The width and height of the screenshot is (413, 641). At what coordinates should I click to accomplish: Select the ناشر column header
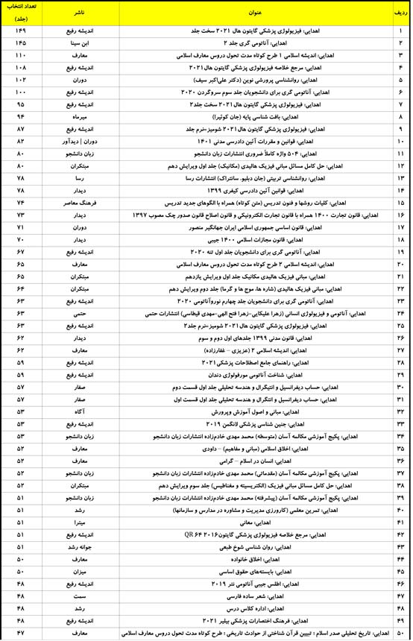tap(78, 12)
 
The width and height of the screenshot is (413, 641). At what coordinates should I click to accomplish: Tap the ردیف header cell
tap(400, 12)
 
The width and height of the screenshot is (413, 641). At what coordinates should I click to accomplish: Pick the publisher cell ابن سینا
tap(78, 43)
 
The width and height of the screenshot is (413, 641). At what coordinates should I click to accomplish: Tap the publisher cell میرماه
tap(78, 116)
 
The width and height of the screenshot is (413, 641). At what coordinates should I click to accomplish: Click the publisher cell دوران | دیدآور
tap(78, 141)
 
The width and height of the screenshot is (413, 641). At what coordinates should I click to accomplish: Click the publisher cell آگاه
tap(78, 410)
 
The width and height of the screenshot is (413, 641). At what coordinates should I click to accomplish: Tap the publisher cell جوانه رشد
tap(78, 545)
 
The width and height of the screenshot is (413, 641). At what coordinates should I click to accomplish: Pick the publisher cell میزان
tap(78, 569)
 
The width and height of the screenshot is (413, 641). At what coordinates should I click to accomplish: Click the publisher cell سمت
tap(78, 594)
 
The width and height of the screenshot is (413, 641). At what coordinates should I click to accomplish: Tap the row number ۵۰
tap(400, 632)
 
